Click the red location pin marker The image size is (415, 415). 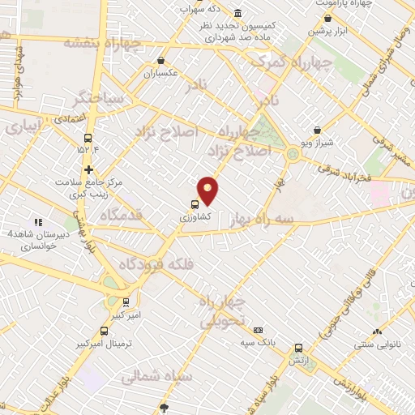[x=208, y=190]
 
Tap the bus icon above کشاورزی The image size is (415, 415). [x=195, y=204]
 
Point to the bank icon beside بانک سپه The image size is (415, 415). [x=258, y=330]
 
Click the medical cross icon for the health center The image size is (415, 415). [x=89, y=170]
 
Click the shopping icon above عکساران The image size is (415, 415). [x=161, y=61]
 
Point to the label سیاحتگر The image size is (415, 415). [x=99, y=98]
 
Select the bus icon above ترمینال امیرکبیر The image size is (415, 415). [x=104, y=331]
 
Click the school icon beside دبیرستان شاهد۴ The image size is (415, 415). [x=36, y=222]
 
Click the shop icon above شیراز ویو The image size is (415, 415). [x=317, y=130]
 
